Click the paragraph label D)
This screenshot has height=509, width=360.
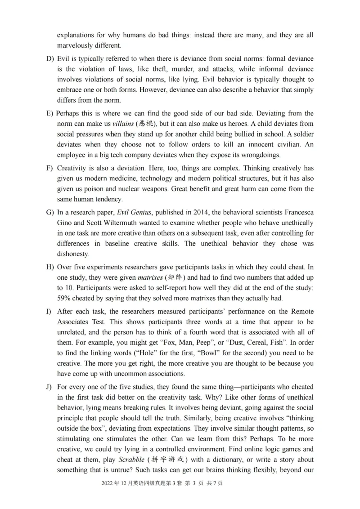(x=50, y=59)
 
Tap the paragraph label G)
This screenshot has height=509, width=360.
(x=50, y=212)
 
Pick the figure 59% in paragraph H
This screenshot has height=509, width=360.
(x=65, y=298)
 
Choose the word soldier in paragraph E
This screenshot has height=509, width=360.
(x=301, y=134)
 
